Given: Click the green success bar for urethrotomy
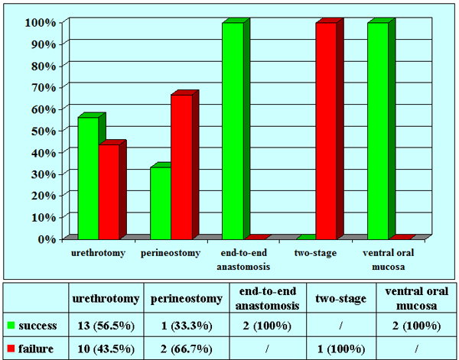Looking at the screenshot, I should coord(88,177).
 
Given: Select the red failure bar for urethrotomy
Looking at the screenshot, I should coord(109,191).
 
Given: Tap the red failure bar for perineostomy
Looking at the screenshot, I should coord(181,167).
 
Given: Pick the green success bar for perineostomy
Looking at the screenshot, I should coord(160,203).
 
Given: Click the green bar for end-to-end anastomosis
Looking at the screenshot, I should coord(233,131).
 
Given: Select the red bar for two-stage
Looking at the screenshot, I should coord(326,131).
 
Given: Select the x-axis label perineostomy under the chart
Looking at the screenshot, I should coord(171,253).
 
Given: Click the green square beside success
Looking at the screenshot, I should coord(11,326).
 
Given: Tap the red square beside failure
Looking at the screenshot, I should coord(11,347).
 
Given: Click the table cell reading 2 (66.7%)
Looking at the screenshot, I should coord(186,347).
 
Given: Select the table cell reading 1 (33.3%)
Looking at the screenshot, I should coord(186,326).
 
